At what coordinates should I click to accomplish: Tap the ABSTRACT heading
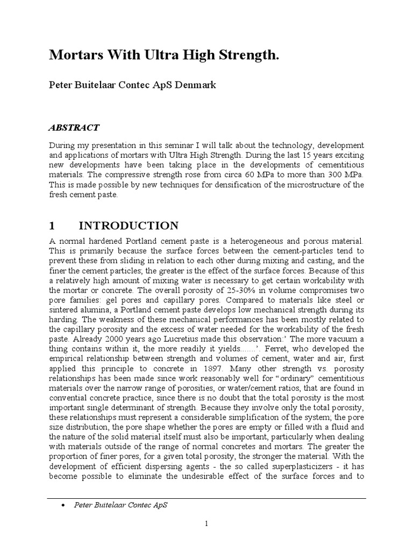[74, 128]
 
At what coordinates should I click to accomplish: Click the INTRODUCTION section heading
[129, 225]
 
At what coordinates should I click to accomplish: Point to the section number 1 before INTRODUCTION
[52, 225]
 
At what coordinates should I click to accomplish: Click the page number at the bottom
[206, 524]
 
